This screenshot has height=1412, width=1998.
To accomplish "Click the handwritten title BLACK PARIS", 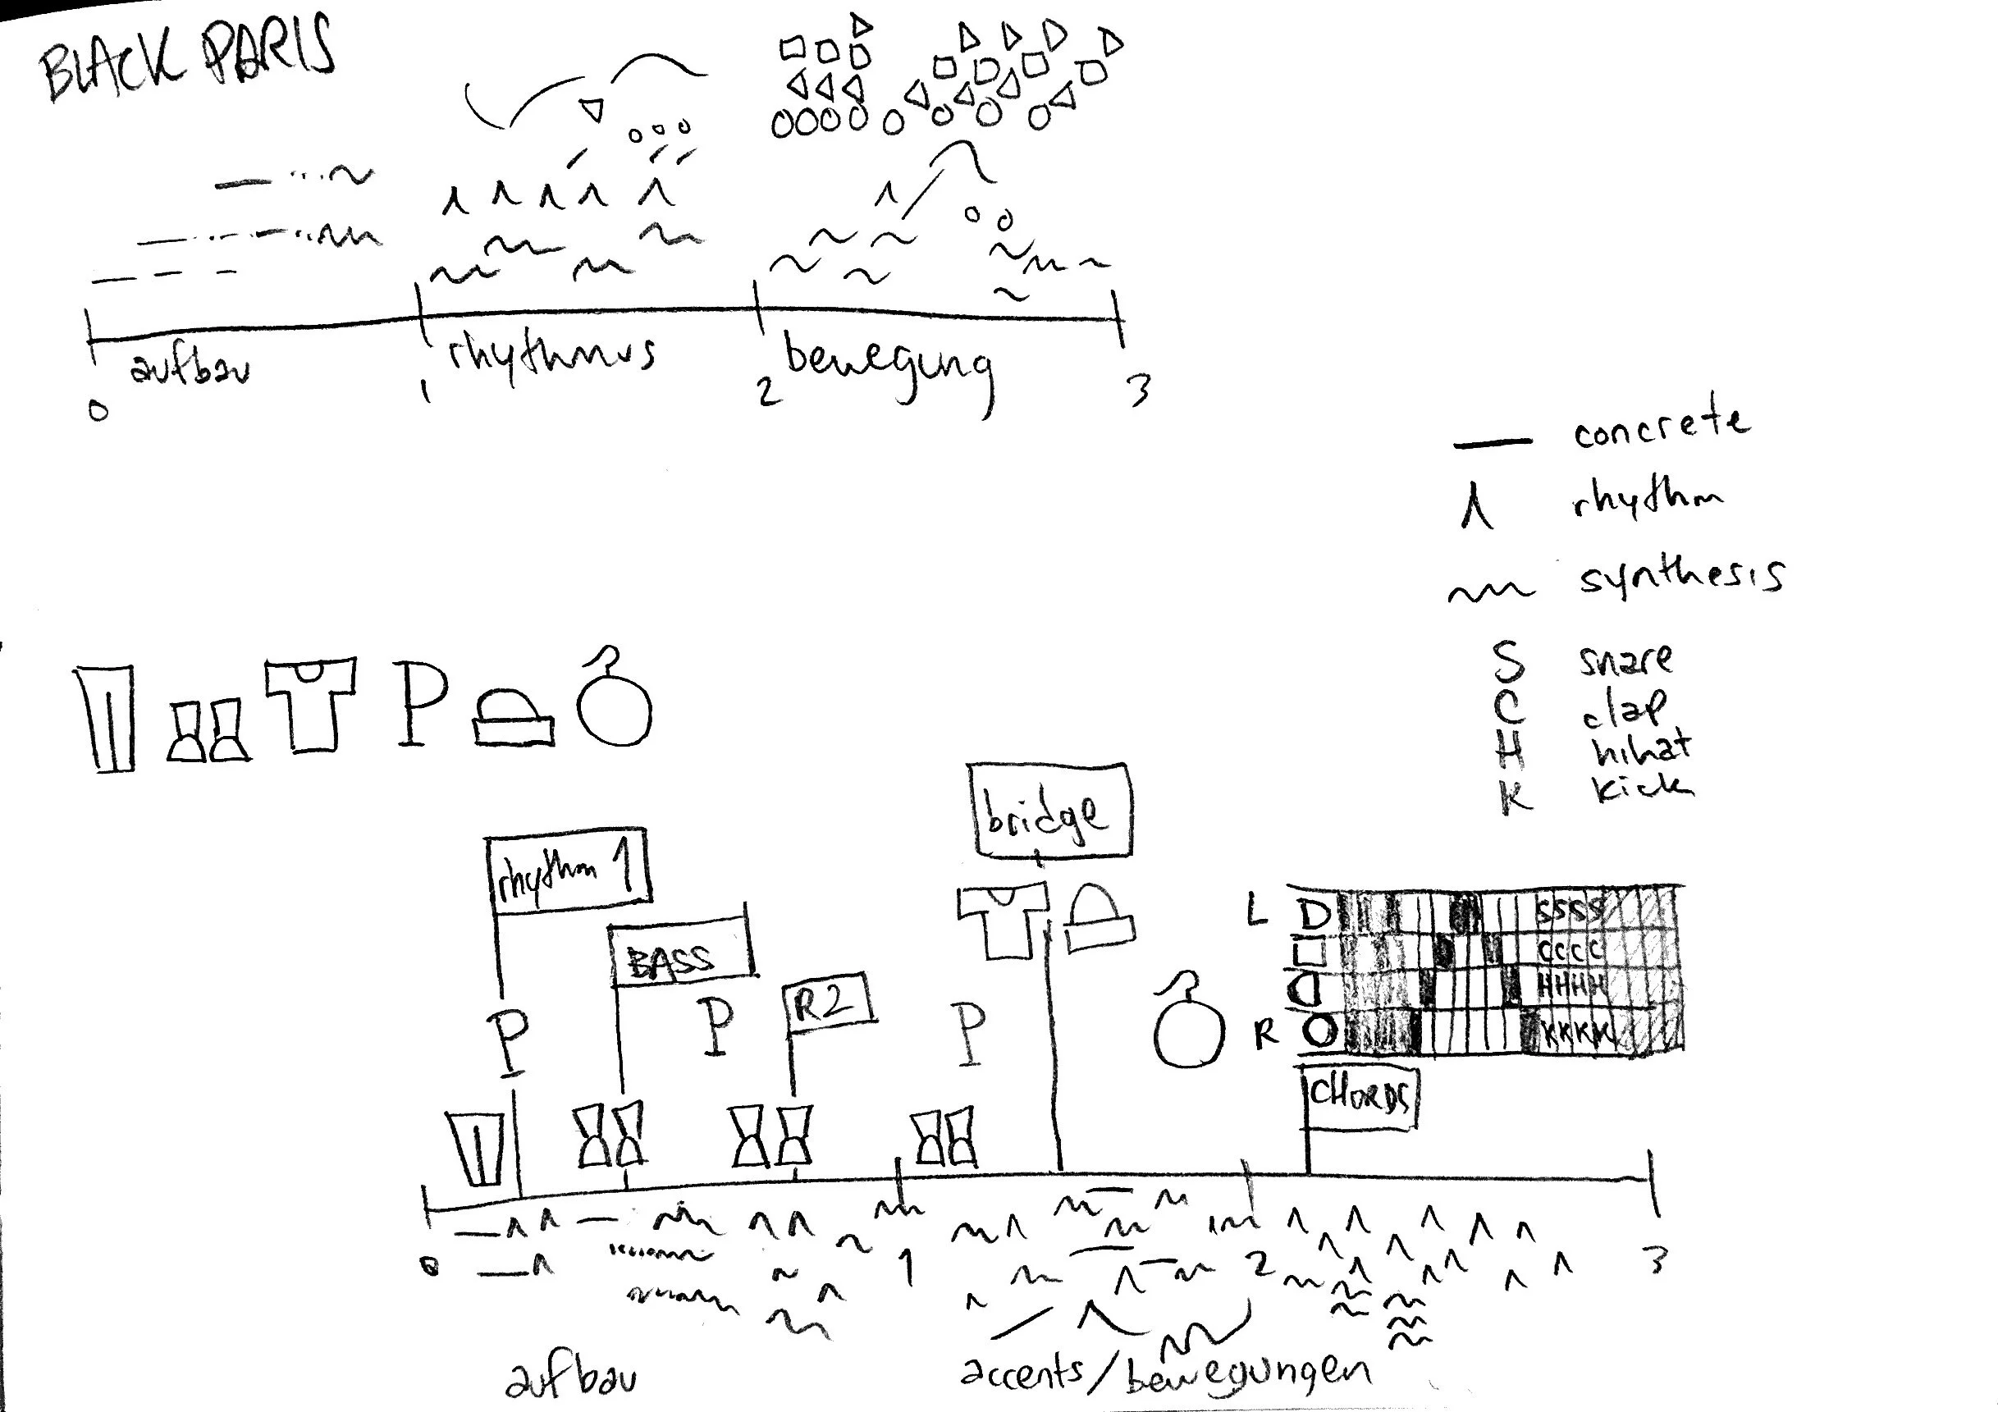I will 187,59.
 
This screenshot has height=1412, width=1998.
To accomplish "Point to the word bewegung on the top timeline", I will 888,365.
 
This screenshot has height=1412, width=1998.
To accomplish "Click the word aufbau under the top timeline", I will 190,369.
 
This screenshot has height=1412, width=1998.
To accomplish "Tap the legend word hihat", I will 1641,747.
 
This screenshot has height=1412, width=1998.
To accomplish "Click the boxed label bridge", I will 1049,812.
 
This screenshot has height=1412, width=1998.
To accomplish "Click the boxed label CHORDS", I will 1361,1099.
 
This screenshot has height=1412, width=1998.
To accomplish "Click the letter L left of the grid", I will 1255,912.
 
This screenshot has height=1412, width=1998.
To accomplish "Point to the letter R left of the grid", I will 1265,1034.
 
